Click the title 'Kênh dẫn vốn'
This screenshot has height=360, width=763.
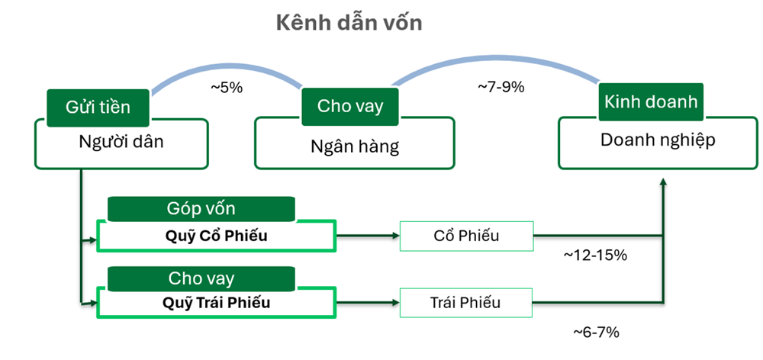[x=349, y=23]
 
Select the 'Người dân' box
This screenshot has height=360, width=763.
[x=121, y=143]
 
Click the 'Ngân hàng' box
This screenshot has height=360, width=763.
[x=355, y=143]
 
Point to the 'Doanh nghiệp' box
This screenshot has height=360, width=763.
[x=658, y=143]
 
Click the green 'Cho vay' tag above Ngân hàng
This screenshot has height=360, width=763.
[x=350, y=107]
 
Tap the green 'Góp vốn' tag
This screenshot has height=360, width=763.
[x=201, y=209]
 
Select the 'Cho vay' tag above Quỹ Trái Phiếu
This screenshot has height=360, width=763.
[x=201, y=278]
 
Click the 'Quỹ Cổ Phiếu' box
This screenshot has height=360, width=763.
[x=217, y=236]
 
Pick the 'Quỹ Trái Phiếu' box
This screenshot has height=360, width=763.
[x=217, y=303]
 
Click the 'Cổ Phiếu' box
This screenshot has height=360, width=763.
[x=467, y=236]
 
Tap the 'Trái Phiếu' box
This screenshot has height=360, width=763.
[x=466, y=303]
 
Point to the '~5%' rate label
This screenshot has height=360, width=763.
[x=227, y=88]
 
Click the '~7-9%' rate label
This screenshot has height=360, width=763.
[x=501, y=87]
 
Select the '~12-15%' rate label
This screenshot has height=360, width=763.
[x=595, y=256]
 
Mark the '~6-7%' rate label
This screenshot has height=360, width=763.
[x=596, y=333]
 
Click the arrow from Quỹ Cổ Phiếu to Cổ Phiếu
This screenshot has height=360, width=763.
[x=368, y=236]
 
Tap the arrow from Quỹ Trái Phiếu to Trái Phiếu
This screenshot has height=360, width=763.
[x=368, y=303]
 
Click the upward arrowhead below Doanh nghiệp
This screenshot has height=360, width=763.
[x=662, y=182]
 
